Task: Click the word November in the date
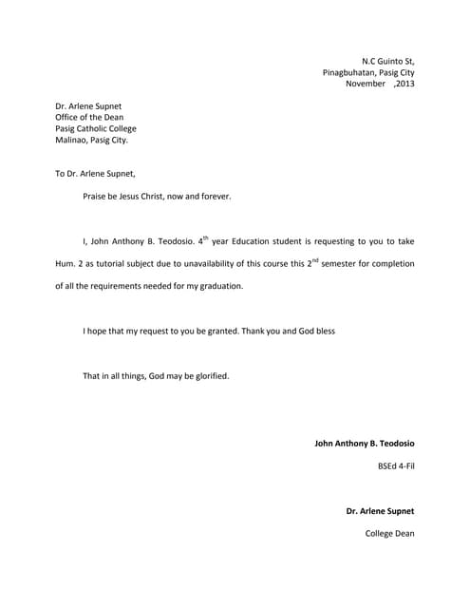point(366,84)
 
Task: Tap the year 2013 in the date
point(404,84)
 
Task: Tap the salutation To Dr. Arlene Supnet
point(95,174)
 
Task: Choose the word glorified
point(209,376)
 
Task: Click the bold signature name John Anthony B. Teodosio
point(364,444)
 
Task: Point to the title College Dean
point(389,533)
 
